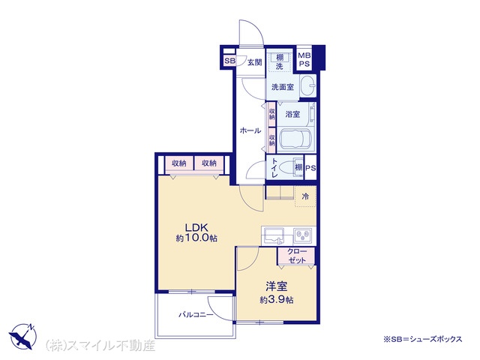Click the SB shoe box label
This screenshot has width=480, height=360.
(x=230, y=61)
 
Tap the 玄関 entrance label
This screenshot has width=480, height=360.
(x=254, y=62)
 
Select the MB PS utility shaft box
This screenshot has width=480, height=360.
(x=304, y=60)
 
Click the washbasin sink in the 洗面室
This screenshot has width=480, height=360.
(x=307, y=86)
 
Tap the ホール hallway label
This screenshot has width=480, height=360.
(x=250, y=130)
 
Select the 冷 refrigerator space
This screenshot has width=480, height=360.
(x=305, y=196)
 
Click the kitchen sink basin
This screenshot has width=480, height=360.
(x=274, y=235)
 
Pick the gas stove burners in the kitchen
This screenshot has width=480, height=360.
(x=303, y=235)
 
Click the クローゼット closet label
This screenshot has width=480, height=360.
(x=297, y=256)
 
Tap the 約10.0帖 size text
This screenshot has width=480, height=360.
(x=196, y=238)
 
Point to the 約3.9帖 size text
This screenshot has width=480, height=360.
(x=277, y=300)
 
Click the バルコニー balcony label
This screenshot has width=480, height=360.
(x=196, y=314)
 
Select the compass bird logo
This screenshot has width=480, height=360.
(x=23, y=336)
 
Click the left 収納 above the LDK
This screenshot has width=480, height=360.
(x=179, y=163)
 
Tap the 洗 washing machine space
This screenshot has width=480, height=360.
(x=280, y=66)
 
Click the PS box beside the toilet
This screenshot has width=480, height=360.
(x=310, y=168)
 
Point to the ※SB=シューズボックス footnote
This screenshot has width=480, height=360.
(x=423, y=339)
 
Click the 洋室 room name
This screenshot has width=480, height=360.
(x=277, y=286)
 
